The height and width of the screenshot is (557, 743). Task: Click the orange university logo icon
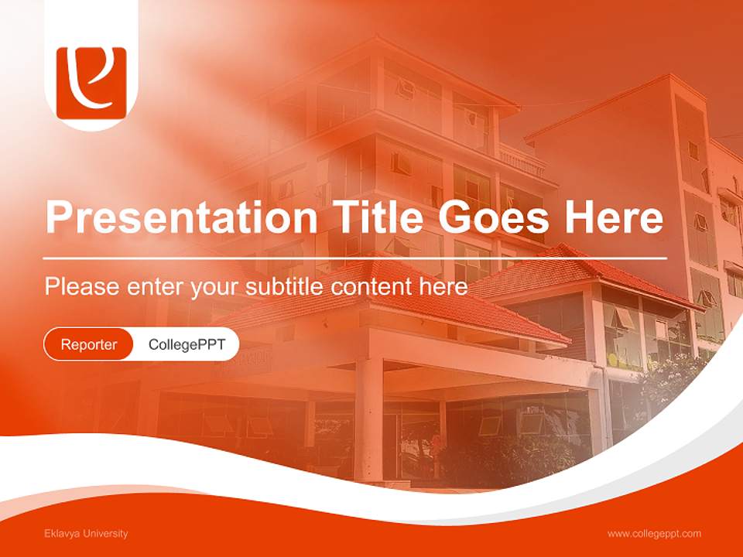point(91,83)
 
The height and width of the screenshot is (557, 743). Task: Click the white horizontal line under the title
point(355,258)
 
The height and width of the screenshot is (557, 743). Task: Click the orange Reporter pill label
point(89,344)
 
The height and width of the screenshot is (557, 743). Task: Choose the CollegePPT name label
point(187,344)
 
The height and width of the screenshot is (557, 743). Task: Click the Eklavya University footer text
point(86,534)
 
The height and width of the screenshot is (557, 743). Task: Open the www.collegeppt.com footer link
point(654,534)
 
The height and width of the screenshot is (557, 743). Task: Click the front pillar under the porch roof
point(368,418)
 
